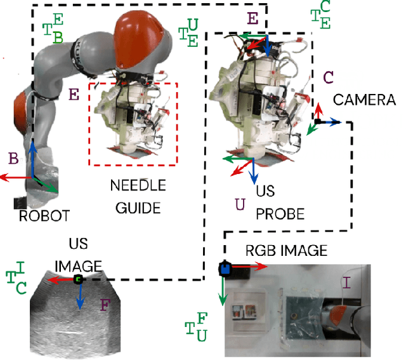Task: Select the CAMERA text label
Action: click(x=364, y=100)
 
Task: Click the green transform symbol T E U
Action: click(x=188, y=31)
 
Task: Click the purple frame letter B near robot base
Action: click(x=12, y=156)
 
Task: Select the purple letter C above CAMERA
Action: click(x=329, y=77)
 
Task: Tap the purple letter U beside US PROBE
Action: click(x=240, y=204)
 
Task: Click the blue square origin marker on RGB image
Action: click(x=224, y=269)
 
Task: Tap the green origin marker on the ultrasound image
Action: click(x=78, y=279)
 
